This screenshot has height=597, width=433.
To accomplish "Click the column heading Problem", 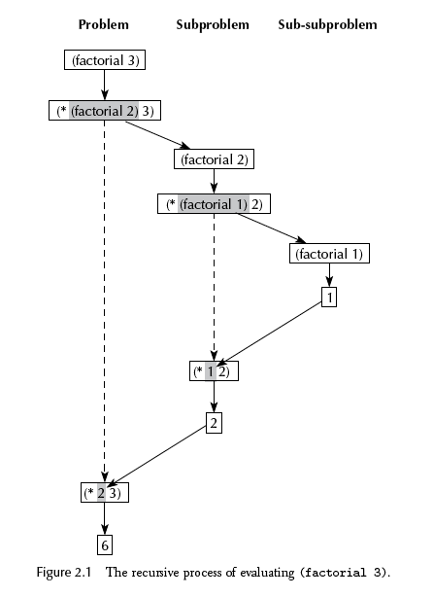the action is (x=104, y=24).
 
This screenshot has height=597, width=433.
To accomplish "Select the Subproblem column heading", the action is (x=213, y=24).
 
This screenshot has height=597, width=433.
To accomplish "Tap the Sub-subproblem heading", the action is (x=327, y=24).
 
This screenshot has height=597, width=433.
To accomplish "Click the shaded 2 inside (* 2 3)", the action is (x=101, y=493).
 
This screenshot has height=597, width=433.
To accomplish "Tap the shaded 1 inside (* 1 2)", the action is (x=211, y=371).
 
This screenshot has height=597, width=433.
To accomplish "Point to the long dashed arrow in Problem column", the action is (x=105, y=301).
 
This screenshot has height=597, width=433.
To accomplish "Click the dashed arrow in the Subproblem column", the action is (x=214, y=288).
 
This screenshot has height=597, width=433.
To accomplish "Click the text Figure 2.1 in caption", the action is (x=64, y=573).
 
